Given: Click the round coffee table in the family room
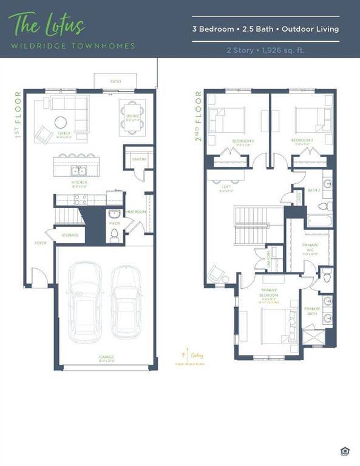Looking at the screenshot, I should pyautogui.click(x=63, y=121).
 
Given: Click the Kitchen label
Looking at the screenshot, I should pyautogui.click(x=80, y=182).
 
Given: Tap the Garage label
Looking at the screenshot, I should pyautogui.click(x=107, y=357).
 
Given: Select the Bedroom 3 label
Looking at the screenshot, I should pyautogui.click(x=302, y=141).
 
